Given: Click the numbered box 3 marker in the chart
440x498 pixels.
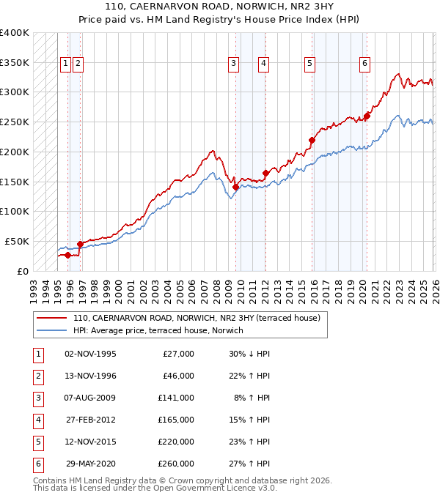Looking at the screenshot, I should [233, 64].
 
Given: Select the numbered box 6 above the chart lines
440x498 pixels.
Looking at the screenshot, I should [364, 64].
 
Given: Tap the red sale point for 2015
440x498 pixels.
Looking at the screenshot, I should [312, 140].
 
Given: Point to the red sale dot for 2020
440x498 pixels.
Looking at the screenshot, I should [367, 116].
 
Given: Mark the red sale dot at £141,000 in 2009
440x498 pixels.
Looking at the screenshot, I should [235, 187].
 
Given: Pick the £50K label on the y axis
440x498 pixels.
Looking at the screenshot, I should [17, 241].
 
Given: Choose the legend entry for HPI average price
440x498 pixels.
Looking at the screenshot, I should [161, 330].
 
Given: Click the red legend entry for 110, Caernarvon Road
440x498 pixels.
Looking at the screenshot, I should [196, 319].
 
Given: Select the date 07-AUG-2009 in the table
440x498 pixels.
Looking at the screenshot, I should [90, 398].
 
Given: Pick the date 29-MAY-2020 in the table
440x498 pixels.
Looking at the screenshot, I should [90, 464].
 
